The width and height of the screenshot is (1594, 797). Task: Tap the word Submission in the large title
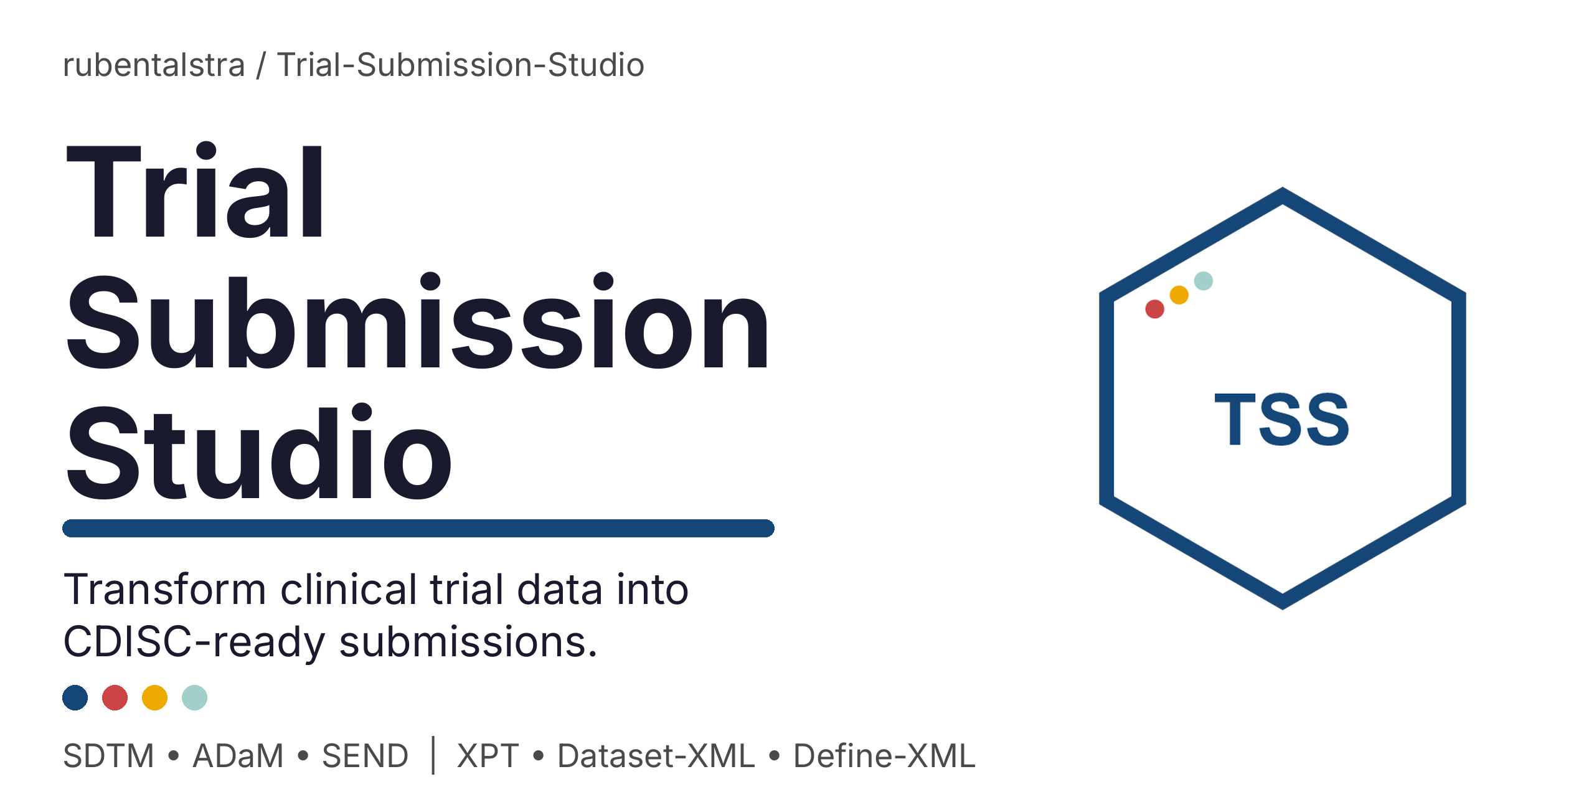(418, 322)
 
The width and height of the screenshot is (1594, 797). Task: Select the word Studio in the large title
(258, 453)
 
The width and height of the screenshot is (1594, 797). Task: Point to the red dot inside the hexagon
(1154, 309)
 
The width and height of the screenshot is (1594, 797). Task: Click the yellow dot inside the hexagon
(1179, 295)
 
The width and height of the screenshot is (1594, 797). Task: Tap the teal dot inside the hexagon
(1203, 281)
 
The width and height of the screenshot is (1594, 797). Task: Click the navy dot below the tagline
(75, 697)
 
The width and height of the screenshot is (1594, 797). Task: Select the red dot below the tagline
(115, 697)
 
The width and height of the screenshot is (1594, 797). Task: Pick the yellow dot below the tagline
(154, 697)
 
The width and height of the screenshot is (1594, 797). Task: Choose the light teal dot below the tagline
(194, 697)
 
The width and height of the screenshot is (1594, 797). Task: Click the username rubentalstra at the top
(154, 65)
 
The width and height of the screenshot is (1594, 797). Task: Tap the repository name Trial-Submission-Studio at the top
(460, 65)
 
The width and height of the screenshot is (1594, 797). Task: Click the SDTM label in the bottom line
(108, 756)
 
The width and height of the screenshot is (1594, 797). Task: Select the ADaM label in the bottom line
(238, 756)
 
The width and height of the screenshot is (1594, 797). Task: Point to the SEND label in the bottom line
(365, 756)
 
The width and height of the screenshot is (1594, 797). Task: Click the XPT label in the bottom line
(488, 756)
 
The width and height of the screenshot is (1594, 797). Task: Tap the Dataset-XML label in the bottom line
(656, 756)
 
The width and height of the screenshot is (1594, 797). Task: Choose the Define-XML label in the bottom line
(884, 756)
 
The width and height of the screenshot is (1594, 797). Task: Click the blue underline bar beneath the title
(418, 528)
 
